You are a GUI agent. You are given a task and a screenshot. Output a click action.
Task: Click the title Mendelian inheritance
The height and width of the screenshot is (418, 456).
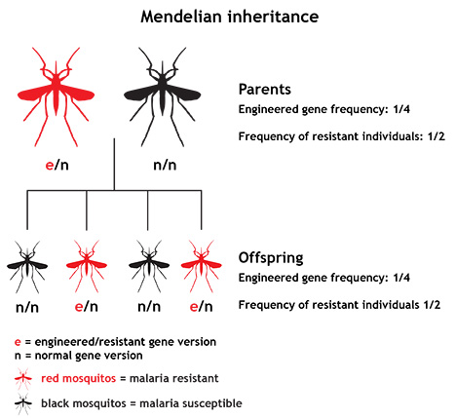tap(230, 17)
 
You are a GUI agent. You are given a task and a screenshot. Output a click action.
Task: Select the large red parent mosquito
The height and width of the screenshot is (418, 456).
tap(56, 96)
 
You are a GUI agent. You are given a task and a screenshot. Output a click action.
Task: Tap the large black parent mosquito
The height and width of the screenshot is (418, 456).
tap(162, 96)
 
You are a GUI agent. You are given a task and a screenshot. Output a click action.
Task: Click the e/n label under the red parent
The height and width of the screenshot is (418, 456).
tap(57, 165)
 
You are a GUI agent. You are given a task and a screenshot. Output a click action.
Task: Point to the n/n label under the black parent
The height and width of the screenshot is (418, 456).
tap(165, 165)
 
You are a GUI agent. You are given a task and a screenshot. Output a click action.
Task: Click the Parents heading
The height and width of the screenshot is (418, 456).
tap(265, 90)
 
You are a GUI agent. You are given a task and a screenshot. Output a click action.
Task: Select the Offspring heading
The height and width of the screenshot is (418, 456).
tap(271, 258)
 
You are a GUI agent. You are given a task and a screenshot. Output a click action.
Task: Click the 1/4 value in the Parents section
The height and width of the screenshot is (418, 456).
tap(401, 109)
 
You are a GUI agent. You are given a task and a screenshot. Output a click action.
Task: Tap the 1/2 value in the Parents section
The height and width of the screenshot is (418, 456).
tap(436, 136)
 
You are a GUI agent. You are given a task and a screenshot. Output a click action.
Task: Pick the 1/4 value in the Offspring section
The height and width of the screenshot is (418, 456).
tap(401, 278)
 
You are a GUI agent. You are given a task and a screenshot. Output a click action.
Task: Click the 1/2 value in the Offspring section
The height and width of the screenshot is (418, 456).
tap(432, 305)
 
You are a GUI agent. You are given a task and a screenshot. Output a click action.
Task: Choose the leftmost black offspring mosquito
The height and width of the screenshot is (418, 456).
tap(27, 266)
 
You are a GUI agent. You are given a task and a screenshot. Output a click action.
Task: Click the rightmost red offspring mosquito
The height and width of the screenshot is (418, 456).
tap(202, 266)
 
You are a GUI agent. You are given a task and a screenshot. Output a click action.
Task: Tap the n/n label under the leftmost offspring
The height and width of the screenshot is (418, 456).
tap(27, 307)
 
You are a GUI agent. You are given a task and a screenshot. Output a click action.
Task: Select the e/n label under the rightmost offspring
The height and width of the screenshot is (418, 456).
tap(202, 307)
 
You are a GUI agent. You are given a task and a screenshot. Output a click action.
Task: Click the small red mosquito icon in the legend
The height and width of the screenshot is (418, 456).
tap(23, 378)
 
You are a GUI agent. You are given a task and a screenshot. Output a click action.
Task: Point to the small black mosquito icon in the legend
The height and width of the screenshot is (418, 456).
tap(23, 403)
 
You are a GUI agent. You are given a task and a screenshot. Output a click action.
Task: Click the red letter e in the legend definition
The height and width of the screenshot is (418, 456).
tap(18, 342)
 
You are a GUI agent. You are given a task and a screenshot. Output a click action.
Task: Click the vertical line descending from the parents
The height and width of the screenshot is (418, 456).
tap(114, 165)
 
